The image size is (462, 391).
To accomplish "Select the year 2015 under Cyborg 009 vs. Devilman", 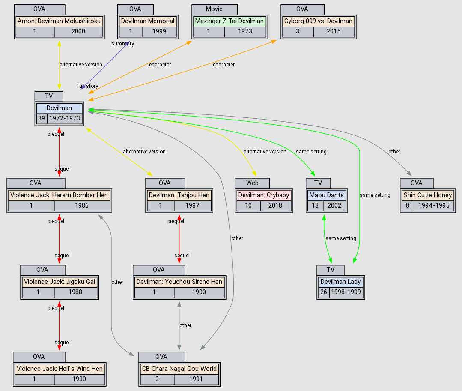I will coord(334,31).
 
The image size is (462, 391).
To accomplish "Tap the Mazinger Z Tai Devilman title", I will coord(230,21).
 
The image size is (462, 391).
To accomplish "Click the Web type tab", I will coord(252,183).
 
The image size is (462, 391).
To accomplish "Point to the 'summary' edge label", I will coord(122,44).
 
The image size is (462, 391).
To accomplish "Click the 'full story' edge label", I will coord(88,86).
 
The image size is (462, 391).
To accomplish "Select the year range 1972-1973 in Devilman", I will coord(65,118).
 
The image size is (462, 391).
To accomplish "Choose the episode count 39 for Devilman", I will coord(42,118).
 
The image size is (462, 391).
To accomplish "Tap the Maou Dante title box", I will coord(326,195).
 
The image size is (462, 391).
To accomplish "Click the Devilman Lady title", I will coord(340,282).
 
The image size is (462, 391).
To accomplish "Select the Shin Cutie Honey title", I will coord(428,195).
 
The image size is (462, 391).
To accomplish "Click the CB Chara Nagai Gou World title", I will coord(179,369).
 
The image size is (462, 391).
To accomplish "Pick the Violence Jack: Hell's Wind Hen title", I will coord(60,369).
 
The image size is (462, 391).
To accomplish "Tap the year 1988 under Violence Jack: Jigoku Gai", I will coord(76,292).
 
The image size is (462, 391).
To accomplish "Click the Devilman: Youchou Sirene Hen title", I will coord(179,282).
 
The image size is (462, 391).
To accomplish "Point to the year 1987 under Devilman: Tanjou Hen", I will coord(192,205).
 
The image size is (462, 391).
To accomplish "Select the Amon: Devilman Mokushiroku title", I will coord(59,21).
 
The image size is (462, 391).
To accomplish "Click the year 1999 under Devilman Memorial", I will coord(159,31).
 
